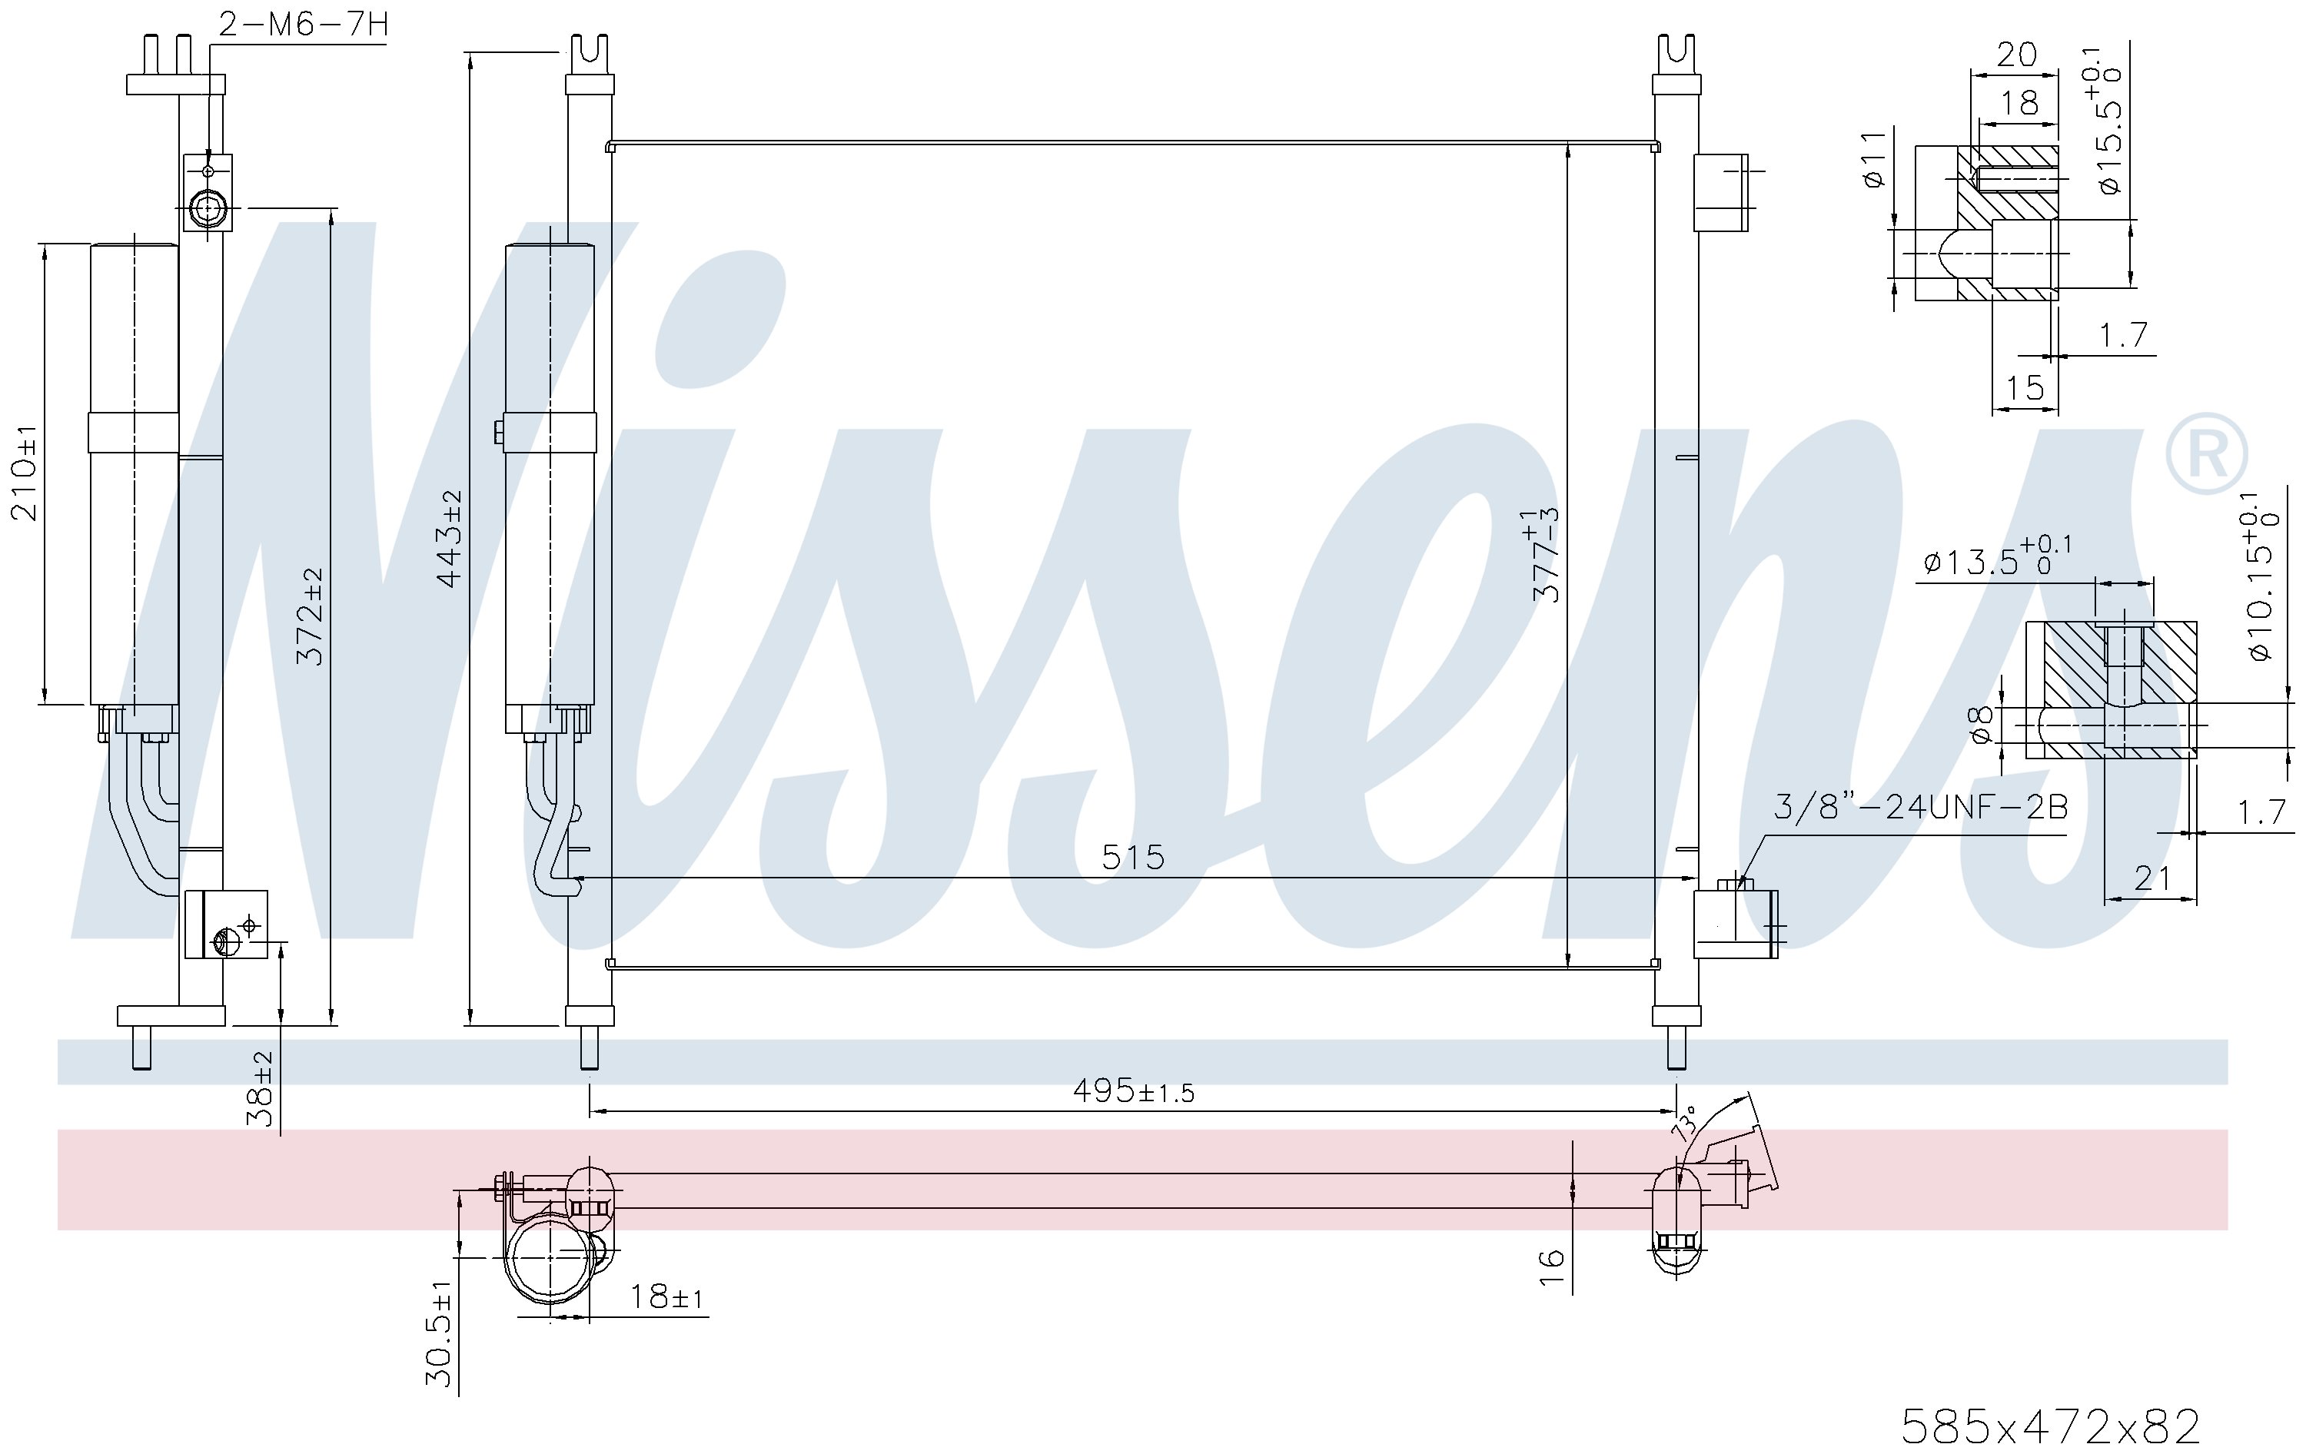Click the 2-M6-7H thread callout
click(x=304, y=24)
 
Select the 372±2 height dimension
click(x=311, y=616)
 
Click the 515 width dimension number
click(x=1133, y=857)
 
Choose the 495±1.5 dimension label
click(x=1134, y=1090)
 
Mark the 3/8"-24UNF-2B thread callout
click(x=1920, y=807)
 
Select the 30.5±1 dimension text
click(x=440, y=1333)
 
